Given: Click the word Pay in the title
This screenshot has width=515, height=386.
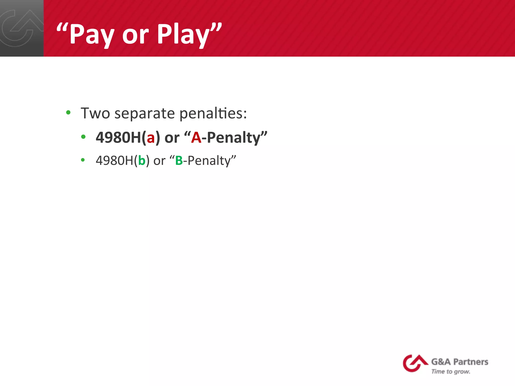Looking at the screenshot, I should tap(92, 34).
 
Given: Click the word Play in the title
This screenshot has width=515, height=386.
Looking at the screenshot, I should tap(183, 34).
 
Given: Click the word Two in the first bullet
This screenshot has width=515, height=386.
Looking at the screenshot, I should tap(95, 113).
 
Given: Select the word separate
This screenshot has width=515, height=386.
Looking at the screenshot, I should tap(145, 114).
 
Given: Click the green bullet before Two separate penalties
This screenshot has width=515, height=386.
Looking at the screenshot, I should tap(68, 112).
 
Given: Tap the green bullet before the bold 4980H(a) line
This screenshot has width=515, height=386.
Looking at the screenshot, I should tap(83, 137).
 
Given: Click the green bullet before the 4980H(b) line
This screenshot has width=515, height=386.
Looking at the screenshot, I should tap(83, 160).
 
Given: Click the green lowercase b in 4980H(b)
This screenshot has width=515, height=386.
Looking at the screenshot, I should tap(142, 160).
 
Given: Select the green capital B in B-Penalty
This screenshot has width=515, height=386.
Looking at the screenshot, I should tap(179, 160).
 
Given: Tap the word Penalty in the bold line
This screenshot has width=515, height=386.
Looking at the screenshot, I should tap(234, 138).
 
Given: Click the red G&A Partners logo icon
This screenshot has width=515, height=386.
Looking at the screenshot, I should tap(414, 363).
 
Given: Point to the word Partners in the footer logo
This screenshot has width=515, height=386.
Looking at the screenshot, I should tap(470, 362).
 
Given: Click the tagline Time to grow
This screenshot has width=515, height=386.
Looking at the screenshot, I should tap(451, 371).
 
